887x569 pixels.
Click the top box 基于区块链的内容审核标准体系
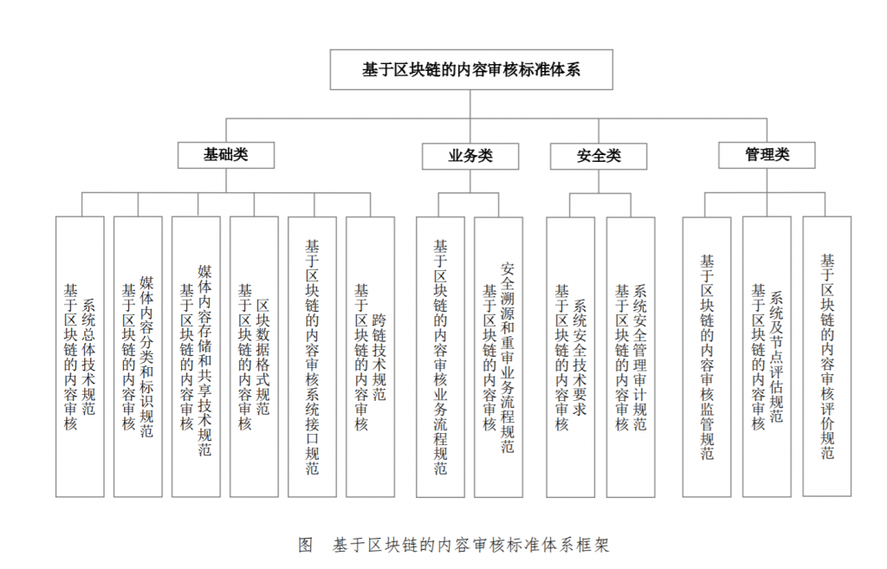click(471, 69)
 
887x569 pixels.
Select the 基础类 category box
click(226, 155)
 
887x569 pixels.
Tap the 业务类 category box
click(470, 156)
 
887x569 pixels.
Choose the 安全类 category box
click(599, 156)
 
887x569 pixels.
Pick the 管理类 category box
click(767, 155)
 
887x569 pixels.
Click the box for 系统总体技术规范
click(80, 357)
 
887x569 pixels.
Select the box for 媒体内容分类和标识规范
click(138, 357)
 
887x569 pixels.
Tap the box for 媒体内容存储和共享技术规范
click(196, 357)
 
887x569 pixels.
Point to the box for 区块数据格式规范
click(254, 357)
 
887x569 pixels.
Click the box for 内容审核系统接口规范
click(312, 357)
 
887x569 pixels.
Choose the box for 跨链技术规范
click(370, 357)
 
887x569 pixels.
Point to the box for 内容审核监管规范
click(707, 357)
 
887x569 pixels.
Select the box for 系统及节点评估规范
click(767, 357)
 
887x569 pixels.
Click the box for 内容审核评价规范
click(827, 356)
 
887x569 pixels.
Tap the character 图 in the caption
click(306, 546)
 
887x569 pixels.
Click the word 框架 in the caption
click(592, 546)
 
